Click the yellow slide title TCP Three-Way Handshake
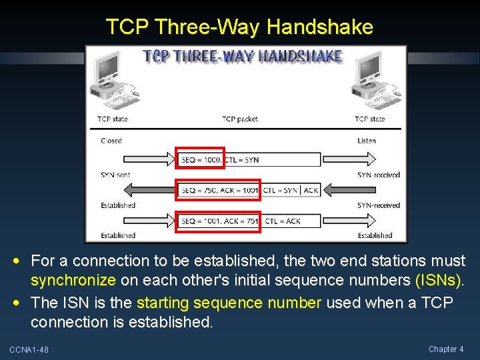(x=239, y=27)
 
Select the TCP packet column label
(x=239, y=119)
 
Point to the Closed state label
(x=111, y=141)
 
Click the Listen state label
(x=367, y=141)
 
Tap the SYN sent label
(x=115, y=175)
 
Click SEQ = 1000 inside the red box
(x=199, y=160)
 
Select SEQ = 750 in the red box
(x=197, y=190)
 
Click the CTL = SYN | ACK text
(x=291, y=190)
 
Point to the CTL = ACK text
(x=283, y=221)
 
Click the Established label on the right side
(x=375, y=235)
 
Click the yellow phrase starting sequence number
(x=229, y=303)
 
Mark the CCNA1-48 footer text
(x=29, y=349)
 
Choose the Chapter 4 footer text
(x=447, y=349)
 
